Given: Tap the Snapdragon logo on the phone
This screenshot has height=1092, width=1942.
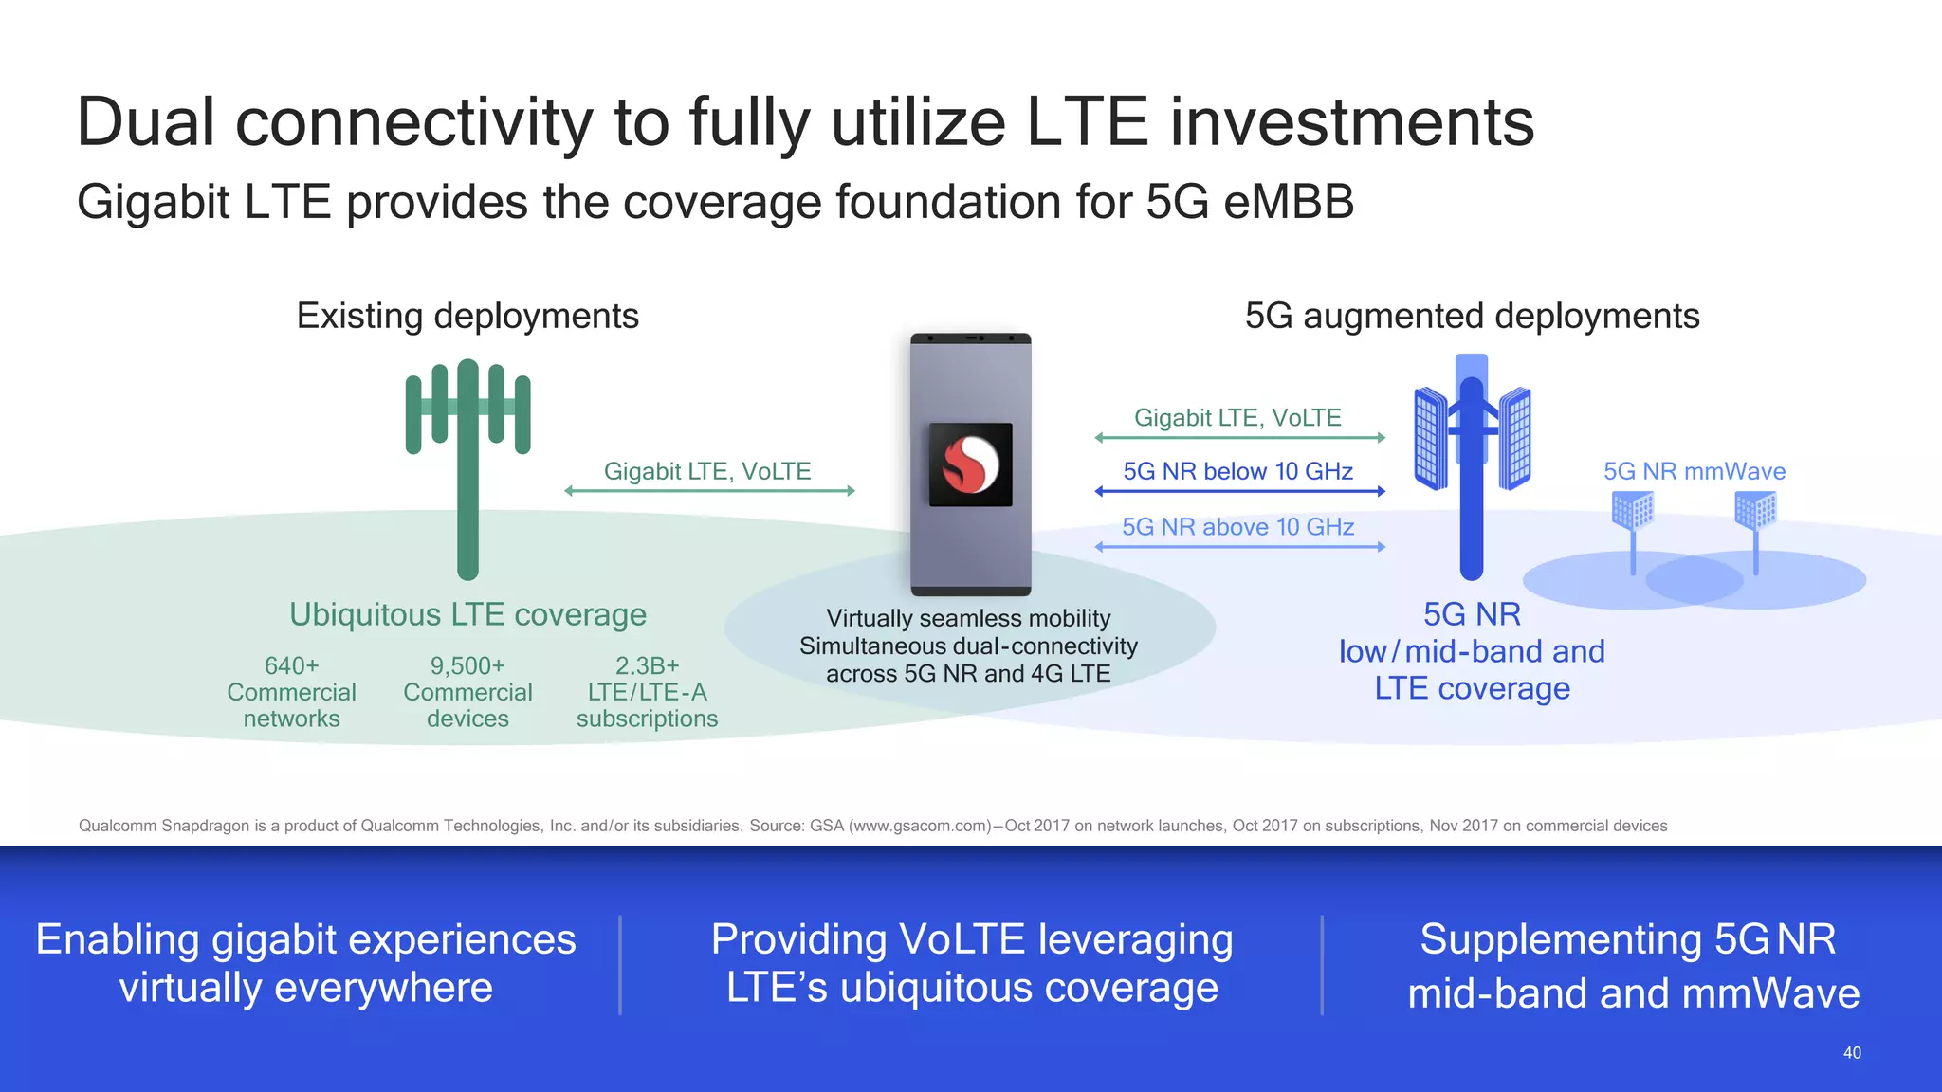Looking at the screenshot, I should click(x=970, y=464).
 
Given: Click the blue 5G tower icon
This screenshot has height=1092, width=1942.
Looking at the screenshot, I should click(x=1472, y=464).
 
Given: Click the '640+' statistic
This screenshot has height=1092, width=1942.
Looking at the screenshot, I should click(x=291, y=665).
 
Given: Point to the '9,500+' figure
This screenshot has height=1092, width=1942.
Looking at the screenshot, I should click(x=467, y=665).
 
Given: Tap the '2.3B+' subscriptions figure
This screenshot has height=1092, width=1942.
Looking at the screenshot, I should click(x=647, y=665).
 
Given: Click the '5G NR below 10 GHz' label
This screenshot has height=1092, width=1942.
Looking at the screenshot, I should click(x=1237, y=471).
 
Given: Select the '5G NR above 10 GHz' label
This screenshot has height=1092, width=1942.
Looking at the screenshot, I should click(x=1237, y=527).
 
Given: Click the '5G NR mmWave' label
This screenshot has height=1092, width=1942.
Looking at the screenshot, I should click(x=1694, y=471).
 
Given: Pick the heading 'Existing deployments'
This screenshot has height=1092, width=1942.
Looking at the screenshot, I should click(x=467, y=316).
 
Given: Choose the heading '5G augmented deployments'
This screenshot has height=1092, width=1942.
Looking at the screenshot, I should click(x=1472, y=316).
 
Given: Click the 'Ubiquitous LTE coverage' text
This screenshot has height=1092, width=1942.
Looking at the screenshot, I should click(x=467, y=614).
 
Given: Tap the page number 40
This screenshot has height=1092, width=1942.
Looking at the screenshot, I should click(x=1851, y=1052).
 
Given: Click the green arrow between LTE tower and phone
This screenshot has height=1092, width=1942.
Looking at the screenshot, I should click(x=709, y=491).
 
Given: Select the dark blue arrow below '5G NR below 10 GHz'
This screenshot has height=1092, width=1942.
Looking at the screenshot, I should click(x=1239, y=491).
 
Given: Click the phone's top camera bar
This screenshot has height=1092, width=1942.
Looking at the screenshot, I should click(x=970, y=338).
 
